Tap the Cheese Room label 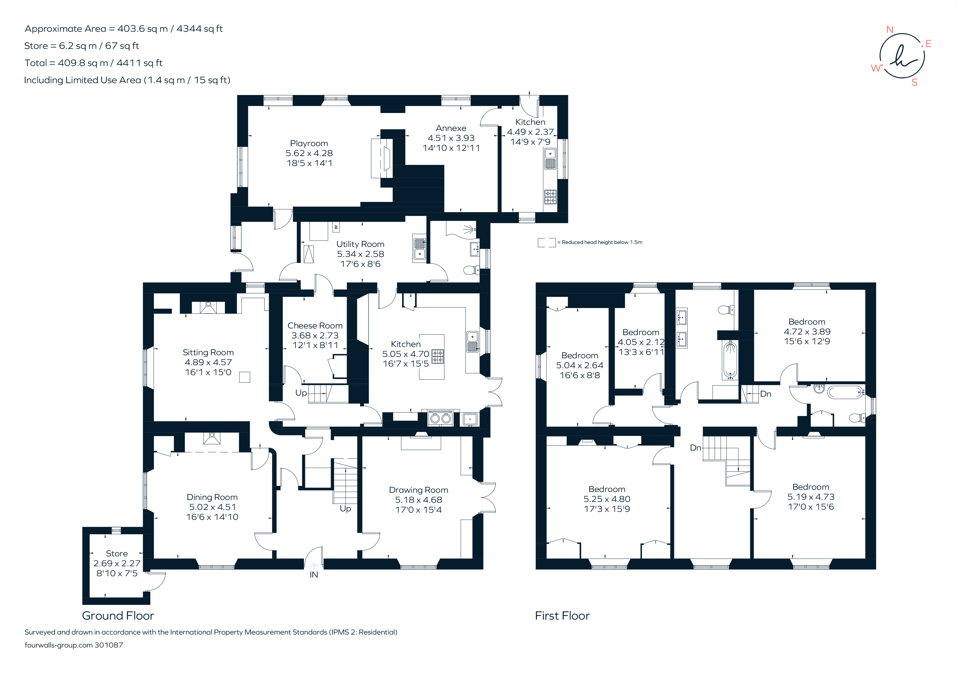(x=315, y=325)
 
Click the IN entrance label (x=314, y=575)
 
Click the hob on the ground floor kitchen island (x=437, y=356)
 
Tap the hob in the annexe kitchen (x=550, y=197)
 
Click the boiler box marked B (x=336, y=227)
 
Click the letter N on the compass (x=889, y=30)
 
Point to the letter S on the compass (x=914, y=83)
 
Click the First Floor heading (x=562, y=616)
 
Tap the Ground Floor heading (x=118, y=616)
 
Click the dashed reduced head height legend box (x=546, y=242)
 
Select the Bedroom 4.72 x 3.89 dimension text (x=807, y=331)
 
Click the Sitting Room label (x=208, y=352)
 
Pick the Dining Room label (x=212, y=497)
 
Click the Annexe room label (x=451, y=128)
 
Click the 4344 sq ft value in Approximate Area (x=200, y=29)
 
